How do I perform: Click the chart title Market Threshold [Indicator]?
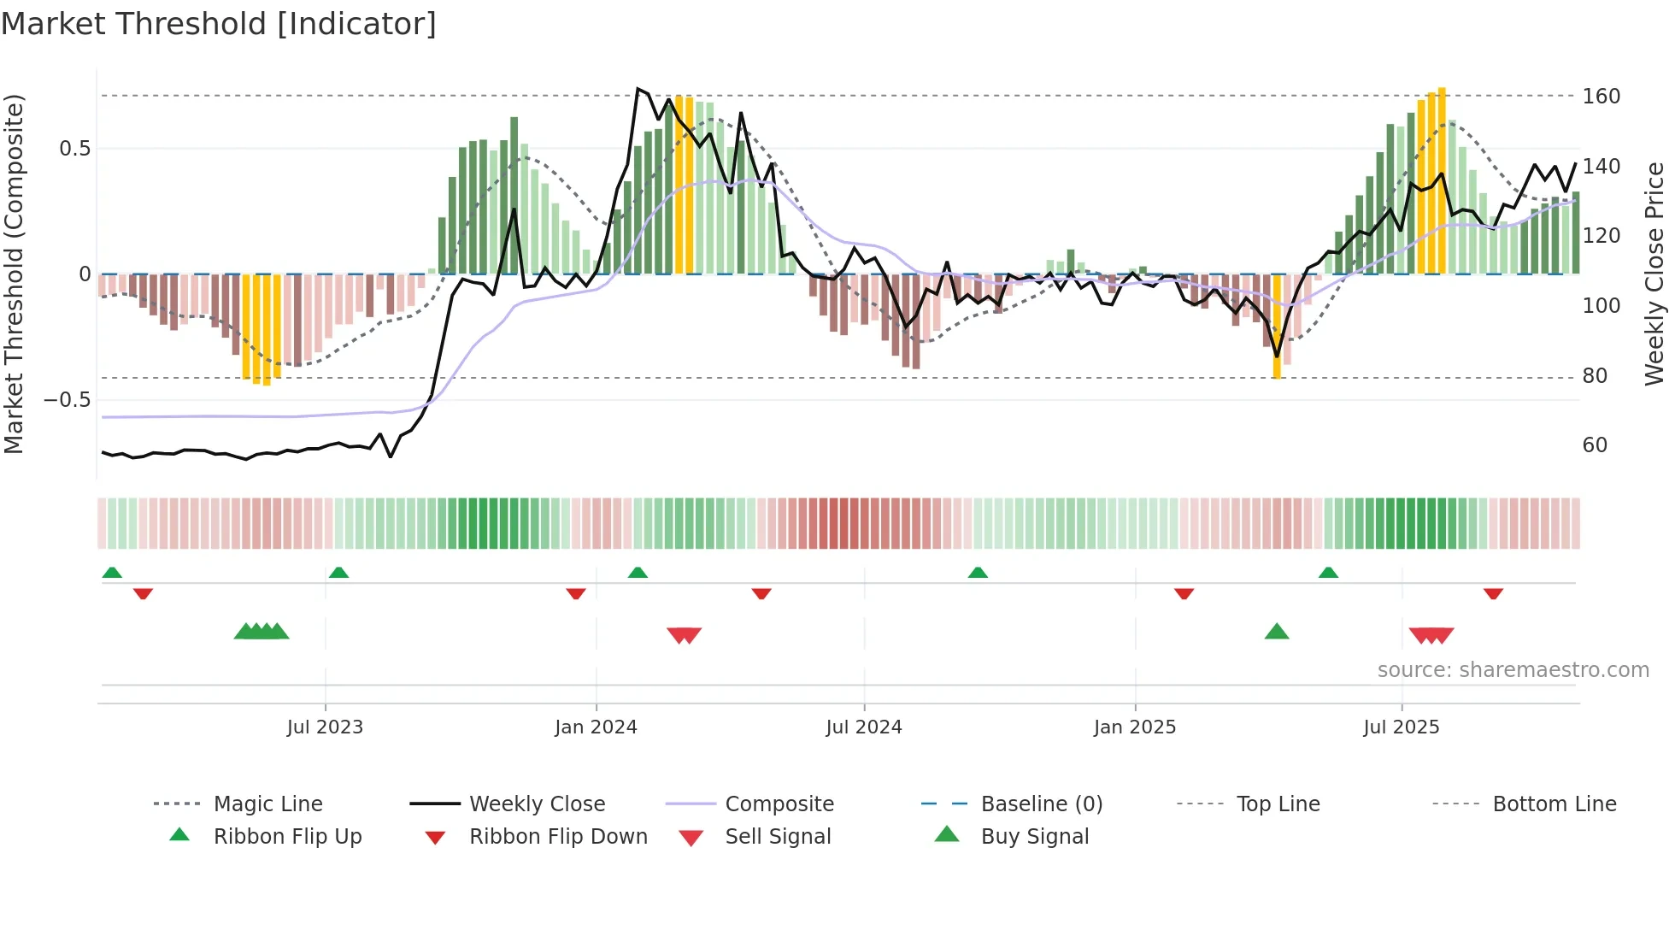tap(219, 24)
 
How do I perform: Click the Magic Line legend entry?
tap(267, 804)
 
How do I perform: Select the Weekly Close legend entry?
tap(537, 804)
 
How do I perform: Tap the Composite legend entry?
tap(779, 804)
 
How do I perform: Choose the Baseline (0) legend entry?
tap(1041, 804)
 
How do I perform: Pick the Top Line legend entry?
tap(1278, 804)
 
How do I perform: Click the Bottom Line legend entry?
tap(1554, 804)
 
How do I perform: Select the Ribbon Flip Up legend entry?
tap(287, 836)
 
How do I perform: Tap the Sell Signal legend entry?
tap(778, 836)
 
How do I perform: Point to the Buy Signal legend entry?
tap(1034, 836)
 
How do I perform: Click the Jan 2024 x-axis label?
tap(596, 727)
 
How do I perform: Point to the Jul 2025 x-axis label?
tap(1401, 727)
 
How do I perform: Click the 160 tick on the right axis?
tap(1601, 96)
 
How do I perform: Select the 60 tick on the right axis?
tap(1595, 445)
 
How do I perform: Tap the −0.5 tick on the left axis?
tap(67, 399)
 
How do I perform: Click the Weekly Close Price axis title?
tap(1654, 274)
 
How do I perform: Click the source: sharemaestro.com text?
tap(1513, 669)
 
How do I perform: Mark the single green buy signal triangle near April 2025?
tap(1276, 632)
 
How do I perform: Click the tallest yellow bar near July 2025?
tap(1442, 180)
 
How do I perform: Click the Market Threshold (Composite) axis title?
tap(14, 274)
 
